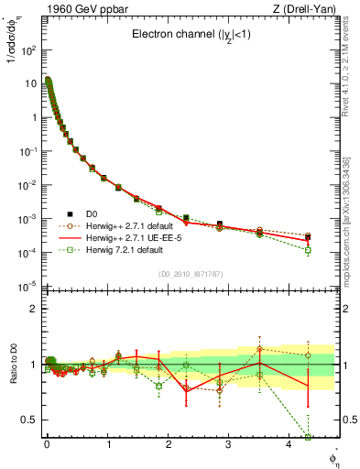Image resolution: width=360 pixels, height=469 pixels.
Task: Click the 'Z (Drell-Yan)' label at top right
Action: [311, 9]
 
